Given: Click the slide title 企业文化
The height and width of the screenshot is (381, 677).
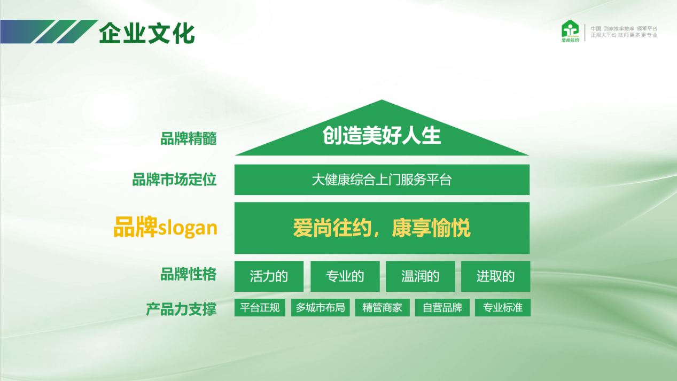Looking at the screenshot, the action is click(x=147, y=33).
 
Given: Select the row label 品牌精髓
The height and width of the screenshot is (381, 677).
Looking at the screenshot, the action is click(x=188, y=139).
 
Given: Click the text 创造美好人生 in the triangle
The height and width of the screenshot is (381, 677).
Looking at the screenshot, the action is click(x=382, y=136).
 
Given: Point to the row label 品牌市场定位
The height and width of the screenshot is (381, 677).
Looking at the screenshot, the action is click(x=174, y=180).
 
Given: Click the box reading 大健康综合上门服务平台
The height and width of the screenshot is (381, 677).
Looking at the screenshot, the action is click(x=382, y=180).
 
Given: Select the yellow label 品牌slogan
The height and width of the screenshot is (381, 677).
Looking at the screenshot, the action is click(x=165, y=227).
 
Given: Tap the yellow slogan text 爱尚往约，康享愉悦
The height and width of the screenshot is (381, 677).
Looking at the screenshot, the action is click(x=382, y=228).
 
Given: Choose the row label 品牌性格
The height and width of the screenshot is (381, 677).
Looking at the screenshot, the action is click(x=188, y=274).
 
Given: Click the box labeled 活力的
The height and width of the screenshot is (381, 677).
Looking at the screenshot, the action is click(x=269, y=276).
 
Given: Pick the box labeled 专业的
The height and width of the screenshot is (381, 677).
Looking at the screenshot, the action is click(x=345, y=276).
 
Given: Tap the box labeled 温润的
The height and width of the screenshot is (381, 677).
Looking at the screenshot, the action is click(x=421, y=276).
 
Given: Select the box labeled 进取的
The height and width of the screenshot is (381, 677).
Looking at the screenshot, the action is click(x=496, y=276).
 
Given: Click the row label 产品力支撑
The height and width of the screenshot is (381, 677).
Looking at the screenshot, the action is click(x=181, y=309).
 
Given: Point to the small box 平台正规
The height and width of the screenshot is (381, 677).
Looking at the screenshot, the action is click(x=260, y=308).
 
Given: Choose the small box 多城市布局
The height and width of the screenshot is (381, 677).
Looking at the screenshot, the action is click(x=321, y=308).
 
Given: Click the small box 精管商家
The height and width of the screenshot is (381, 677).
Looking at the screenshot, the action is click(x=383, y=308).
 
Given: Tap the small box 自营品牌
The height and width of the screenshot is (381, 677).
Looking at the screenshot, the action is click(x=442, y=308).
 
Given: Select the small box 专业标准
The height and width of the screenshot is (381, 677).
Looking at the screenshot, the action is click(x=503, y=308).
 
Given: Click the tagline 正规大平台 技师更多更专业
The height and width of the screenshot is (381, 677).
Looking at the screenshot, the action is click(x=624, y=35).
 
